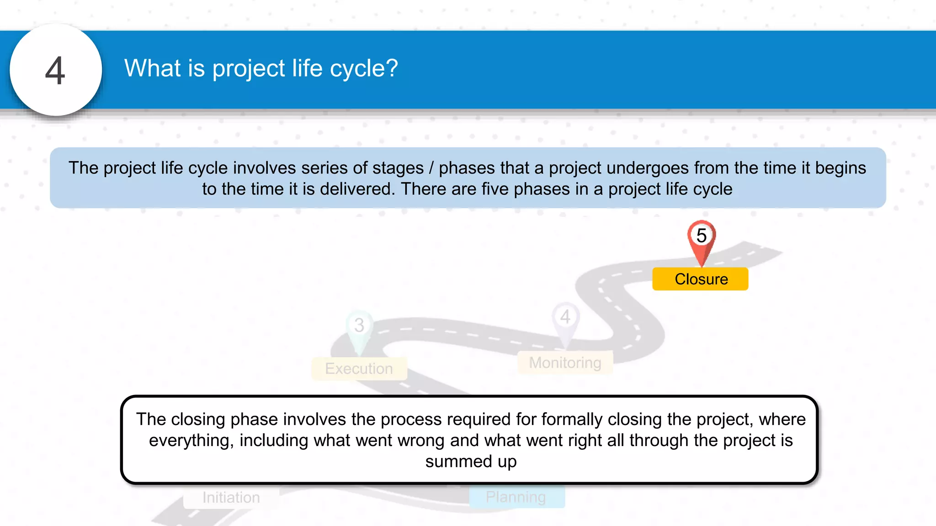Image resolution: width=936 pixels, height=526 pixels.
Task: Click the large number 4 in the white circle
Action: coord(55,71)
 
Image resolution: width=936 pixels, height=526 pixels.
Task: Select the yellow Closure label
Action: coord(700,279)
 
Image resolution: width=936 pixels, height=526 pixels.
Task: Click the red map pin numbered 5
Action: coord(701,240)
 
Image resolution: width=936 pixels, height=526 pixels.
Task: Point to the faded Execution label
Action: coord(359,368)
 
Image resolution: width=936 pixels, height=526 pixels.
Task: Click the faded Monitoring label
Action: coord(565,363)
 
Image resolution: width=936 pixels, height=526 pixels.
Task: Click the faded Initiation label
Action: coord(231,497)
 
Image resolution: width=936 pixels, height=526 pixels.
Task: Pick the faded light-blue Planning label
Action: coord(516,497)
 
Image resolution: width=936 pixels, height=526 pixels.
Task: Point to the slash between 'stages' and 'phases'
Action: coord(431,168)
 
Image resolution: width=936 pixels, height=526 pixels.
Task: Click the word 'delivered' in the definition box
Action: coord(356,189)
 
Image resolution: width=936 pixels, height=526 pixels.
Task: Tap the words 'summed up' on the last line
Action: coord(471,462)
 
